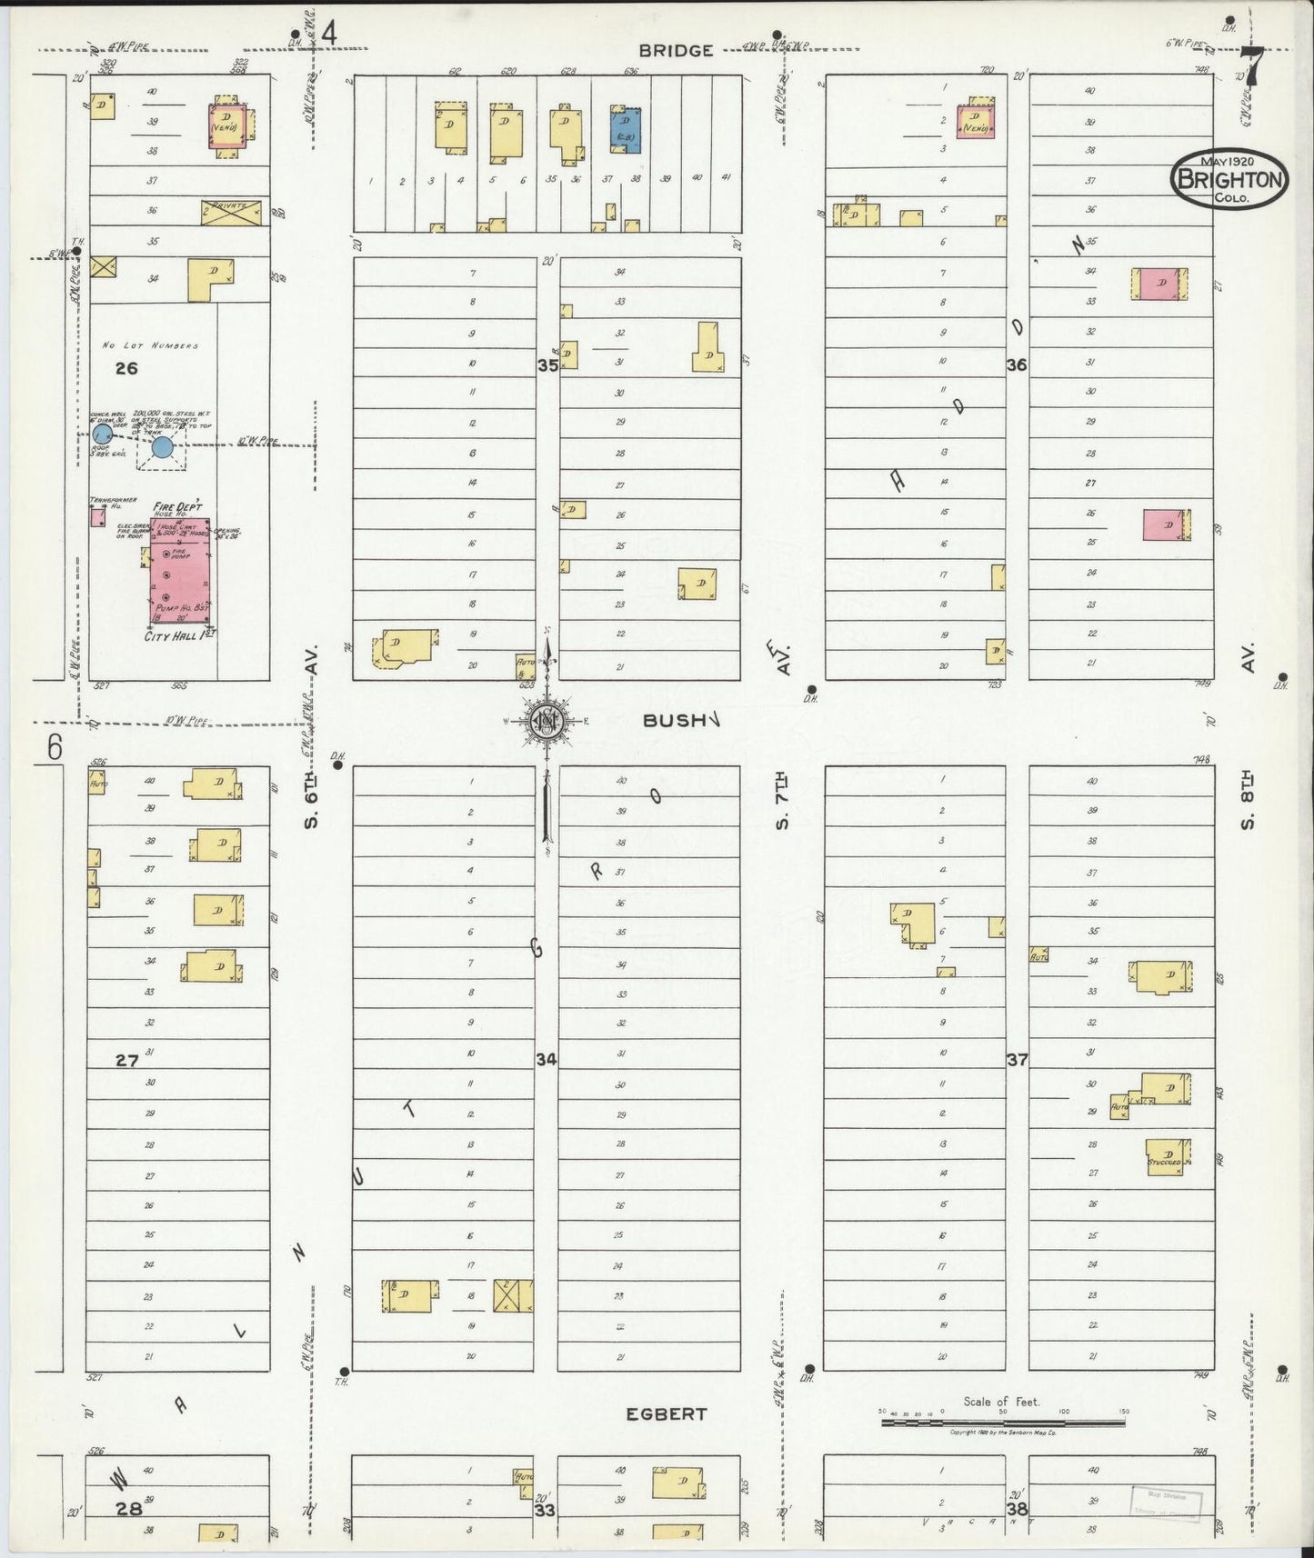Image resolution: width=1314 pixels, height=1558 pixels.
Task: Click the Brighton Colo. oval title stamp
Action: [x=1230, y=178]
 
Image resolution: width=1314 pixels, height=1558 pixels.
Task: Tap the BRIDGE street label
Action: [x=675, y=51]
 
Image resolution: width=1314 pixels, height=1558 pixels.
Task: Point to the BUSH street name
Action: [x=675, y=721]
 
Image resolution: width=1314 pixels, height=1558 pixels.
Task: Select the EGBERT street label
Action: [x=666, y=1414]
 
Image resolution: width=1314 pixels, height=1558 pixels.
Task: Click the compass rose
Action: [x=547, y=722]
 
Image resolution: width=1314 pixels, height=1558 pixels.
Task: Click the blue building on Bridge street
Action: [x=626, y=130]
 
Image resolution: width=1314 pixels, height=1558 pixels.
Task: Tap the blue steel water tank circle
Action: [x=162, y=446]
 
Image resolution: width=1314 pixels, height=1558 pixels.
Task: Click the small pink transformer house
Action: [x=96, y=517]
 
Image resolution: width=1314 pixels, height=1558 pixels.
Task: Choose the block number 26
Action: [x=126, y=368]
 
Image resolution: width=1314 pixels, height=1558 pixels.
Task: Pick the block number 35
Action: [x=547, y=365]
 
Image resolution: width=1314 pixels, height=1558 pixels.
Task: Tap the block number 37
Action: [x=1017, y=1059]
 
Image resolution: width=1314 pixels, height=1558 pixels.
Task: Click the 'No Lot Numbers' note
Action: [x=150, y=345]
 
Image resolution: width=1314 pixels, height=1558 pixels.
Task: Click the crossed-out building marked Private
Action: [x=230, y=212]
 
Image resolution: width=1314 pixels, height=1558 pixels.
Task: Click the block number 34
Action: [x=546, y=1059]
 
